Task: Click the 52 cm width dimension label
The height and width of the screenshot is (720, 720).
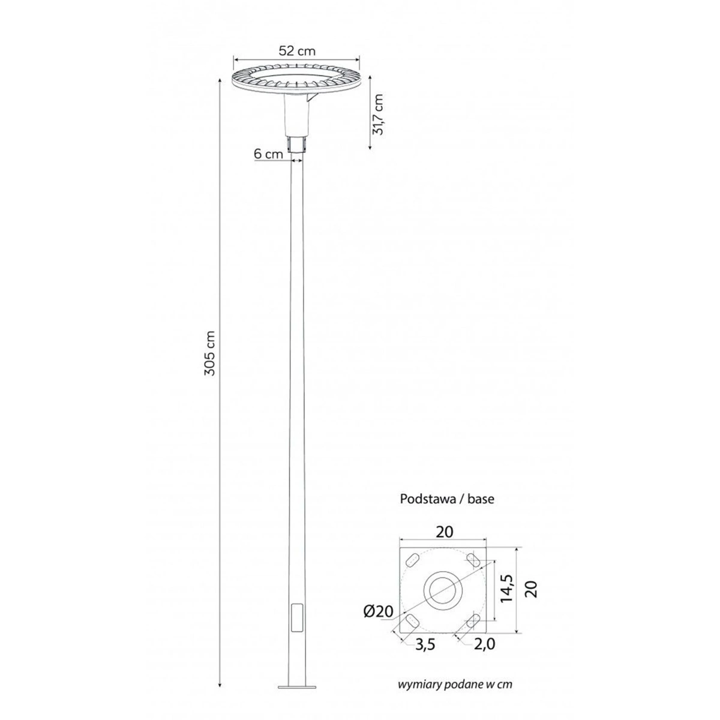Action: pyautogui.click(x=297, y=50)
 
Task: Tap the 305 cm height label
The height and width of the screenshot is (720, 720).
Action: pyautogui.click(x=210, y=353)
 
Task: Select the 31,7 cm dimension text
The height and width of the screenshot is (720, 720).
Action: pyautogui.click(x=378, y=115)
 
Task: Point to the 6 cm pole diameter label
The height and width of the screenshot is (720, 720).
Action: pyautogui.click(x=268, y=154)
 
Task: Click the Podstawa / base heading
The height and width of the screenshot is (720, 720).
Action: pyautogui.click(x=447, y=499)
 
